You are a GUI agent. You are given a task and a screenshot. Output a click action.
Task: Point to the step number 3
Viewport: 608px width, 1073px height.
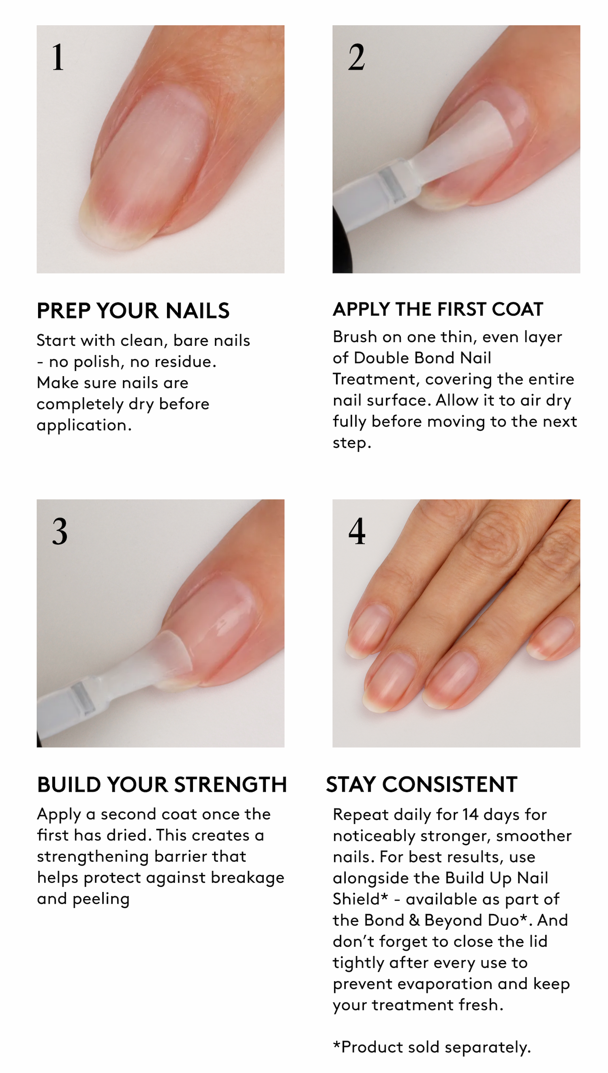tap(60, 531)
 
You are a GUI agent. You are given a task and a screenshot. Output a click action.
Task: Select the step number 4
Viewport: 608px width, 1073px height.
tap(357, 531)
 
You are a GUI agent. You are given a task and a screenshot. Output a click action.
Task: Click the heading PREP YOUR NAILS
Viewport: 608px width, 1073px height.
tap(133, 310)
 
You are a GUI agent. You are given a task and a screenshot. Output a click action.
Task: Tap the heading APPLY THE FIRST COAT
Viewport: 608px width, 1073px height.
tap(438, 309)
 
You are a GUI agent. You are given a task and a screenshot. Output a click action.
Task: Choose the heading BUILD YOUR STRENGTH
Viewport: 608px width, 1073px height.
tap(162, 784)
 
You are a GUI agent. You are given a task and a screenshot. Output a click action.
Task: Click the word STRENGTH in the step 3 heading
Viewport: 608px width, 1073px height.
tap(231, 784)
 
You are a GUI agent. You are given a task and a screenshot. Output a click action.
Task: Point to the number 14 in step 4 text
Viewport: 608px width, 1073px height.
tap(470, 814)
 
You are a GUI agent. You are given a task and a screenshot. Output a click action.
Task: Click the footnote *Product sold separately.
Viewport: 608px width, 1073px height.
tap(432, 1047)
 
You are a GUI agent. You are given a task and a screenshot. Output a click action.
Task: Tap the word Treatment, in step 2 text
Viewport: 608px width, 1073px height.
tap(377, 379)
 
